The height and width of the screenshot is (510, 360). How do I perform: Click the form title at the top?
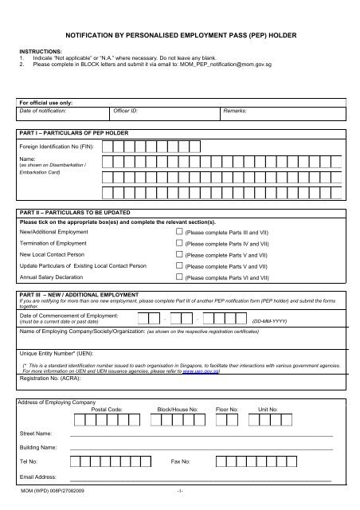click(179, 36)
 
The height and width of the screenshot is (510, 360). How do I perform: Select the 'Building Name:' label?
click(38, 448)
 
